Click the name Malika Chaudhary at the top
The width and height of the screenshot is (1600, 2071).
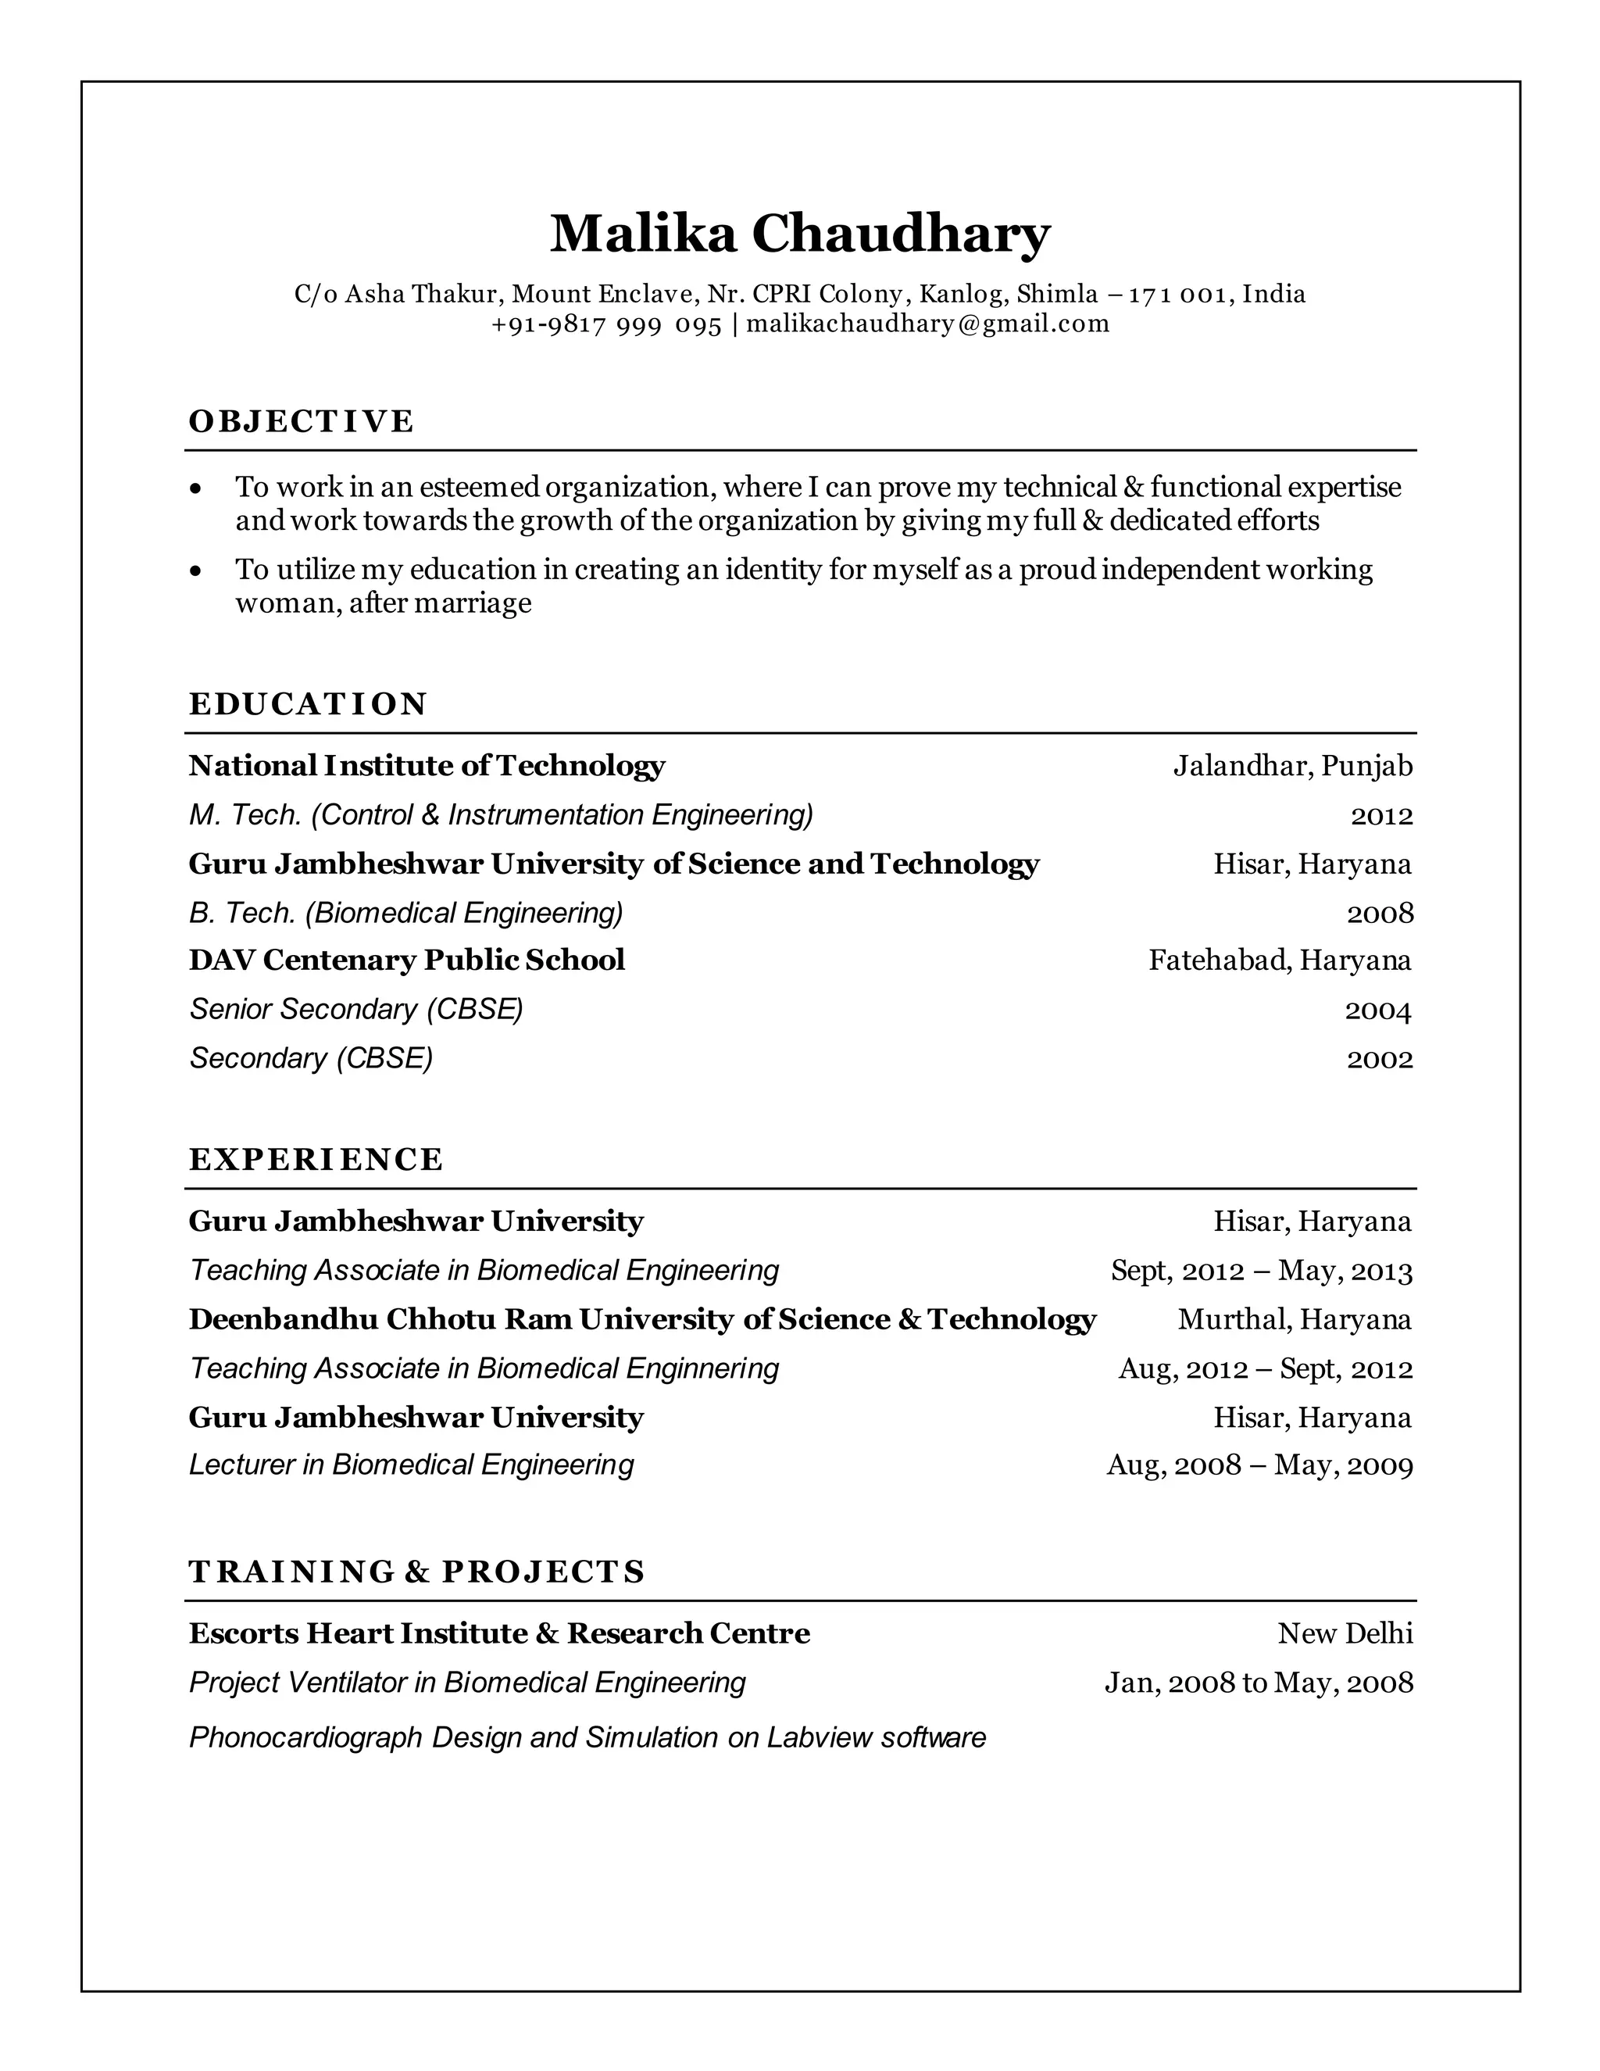point(799,233)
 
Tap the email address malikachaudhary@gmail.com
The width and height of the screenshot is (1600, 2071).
point(927,324)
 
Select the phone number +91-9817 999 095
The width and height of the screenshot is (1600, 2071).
point(606,324)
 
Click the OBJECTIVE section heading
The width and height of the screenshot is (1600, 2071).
point(302,421)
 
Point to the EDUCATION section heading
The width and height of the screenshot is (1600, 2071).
point(308,703)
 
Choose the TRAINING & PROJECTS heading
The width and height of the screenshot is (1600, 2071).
point(417,1572)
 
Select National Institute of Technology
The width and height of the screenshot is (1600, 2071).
point(427,765)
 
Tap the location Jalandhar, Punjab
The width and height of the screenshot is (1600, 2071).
point(1292,765)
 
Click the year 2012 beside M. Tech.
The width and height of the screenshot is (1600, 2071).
point(1381,815)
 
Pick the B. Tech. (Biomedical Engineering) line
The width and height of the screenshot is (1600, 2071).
point(405,913)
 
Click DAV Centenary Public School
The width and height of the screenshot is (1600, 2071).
point(406,960)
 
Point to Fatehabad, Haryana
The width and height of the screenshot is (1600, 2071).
point(1280,960)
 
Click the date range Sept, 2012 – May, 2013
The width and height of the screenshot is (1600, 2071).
point(1261,1271)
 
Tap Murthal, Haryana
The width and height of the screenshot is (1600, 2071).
point(1294,1319)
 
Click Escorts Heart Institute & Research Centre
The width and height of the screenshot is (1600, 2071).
point(498,1633)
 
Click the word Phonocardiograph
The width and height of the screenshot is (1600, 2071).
point(305,1737)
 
